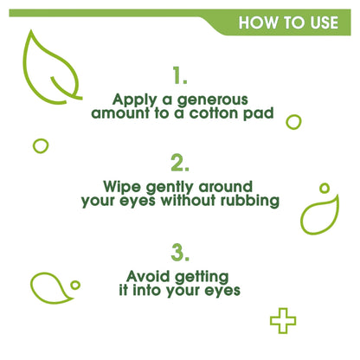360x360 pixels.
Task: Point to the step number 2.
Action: pyautogui.click(x=180, y=163)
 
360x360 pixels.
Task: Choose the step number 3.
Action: pyautogui.click(x=180, y=253)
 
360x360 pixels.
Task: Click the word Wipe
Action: pyautogui.click(x=122, y=187)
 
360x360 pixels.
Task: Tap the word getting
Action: pyautogui.click(x=202, y=277)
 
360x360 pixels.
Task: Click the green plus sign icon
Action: pyautogui.click(x=282, y=321)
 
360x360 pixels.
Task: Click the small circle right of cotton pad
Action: pyautogui.click(x=293, y=122)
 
